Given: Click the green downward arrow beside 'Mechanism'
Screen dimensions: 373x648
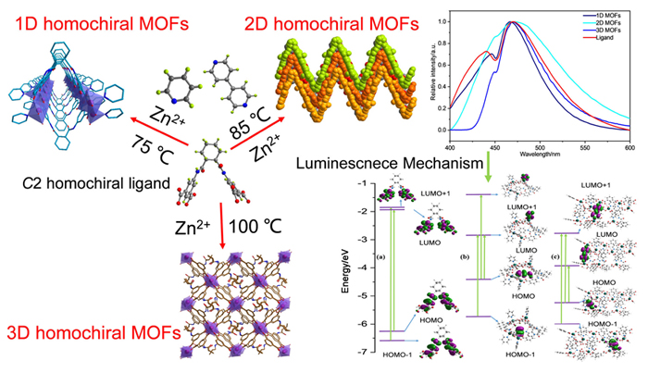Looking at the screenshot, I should click(491, 167).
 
